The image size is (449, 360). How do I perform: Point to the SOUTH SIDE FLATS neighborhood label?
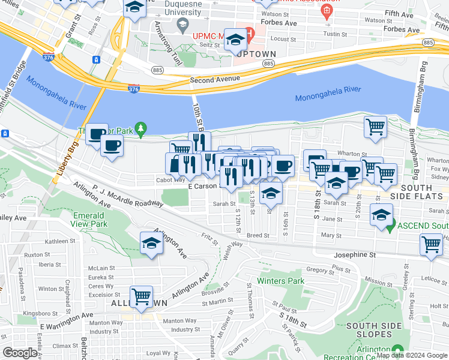click(x=424, y=192)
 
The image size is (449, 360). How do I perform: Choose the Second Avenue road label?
click(x=214, y=79)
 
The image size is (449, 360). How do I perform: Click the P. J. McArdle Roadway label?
click(x=127, y=196)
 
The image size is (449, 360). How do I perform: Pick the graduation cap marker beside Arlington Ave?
click(x=151, y=244)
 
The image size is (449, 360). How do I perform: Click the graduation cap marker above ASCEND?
click(x=381, y=214)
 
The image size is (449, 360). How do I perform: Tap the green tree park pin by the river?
click(x=141, y=128)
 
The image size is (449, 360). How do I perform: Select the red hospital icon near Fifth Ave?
click(x=326, y=11)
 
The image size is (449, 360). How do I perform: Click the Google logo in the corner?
click(x=20, y=353)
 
